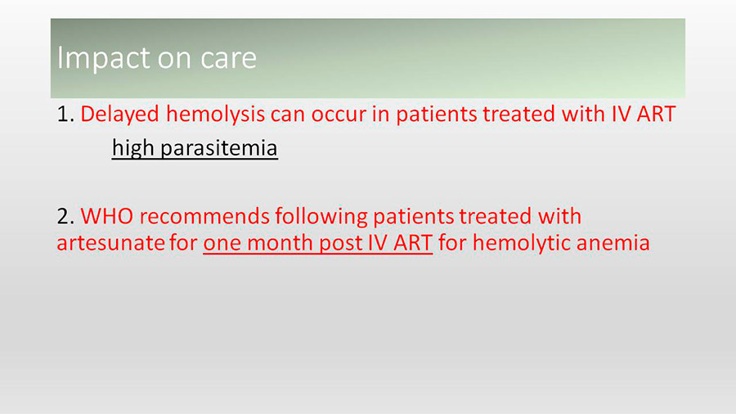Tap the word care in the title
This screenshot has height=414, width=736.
click(229, 58)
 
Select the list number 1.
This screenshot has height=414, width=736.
click(65, 114)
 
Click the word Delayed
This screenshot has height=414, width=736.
click(119, 115)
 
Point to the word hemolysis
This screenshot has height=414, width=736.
click(215, 115)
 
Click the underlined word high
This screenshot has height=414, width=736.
click(133, 148)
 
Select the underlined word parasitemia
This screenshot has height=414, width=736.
click(218, 148)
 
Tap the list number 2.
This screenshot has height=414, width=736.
click(65, 217)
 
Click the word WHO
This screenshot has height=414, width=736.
click(106, 217)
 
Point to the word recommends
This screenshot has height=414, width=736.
click(204, 217)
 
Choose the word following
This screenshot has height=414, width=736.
click(321, 218)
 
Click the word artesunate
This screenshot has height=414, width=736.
click(110, 243)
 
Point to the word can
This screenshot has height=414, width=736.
click(288, 115)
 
